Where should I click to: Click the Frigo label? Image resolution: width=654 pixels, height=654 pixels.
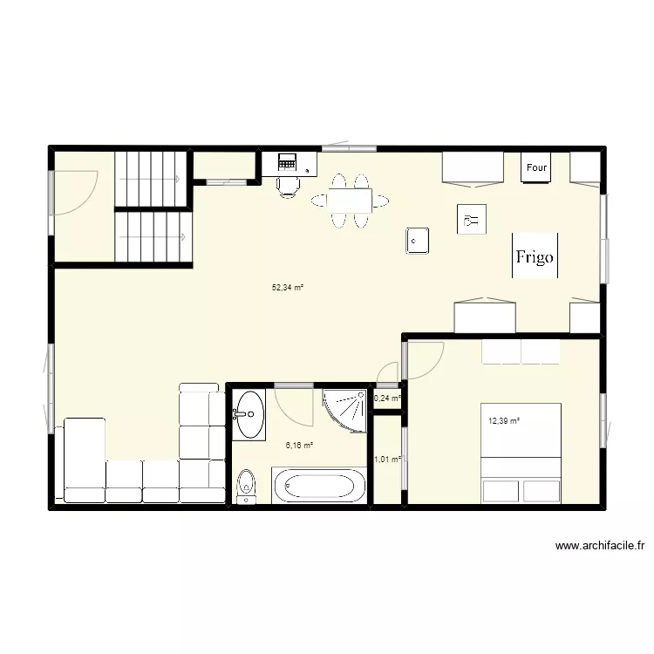[x=534, y=256]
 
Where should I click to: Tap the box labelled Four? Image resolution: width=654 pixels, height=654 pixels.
[x=536, y=167]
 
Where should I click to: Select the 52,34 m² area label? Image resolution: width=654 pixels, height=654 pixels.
[x=288, y=287]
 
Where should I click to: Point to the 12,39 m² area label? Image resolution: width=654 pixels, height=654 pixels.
[x=504, y=421]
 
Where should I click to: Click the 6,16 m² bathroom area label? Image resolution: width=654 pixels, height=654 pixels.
[x=299, y=445]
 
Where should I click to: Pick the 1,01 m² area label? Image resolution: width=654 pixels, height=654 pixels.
[x=387, y=460]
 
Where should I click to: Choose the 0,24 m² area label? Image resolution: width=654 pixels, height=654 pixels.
[x=387, y=399]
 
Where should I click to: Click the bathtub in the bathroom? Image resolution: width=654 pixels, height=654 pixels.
[x=318, y=486]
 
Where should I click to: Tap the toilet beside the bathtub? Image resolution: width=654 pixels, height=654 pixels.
[x=246, y=487]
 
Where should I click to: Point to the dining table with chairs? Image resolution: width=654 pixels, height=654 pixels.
[x=349, y=201]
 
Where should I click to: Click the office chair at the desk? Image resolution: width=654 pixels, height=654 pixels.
[x=288, y=186]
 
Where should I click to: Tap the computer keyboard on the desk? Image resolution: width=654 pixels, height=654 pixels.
[x=287, y=162]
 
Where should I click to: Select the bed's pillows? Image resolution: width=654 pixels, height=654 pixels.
[x=521, y=351]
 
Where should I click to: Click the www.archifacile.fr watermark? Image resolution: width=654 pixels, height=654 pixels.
[x=599, y=547]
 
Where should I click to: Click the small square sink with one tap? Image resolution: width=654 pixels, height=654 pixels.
[x=418, y=239]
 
